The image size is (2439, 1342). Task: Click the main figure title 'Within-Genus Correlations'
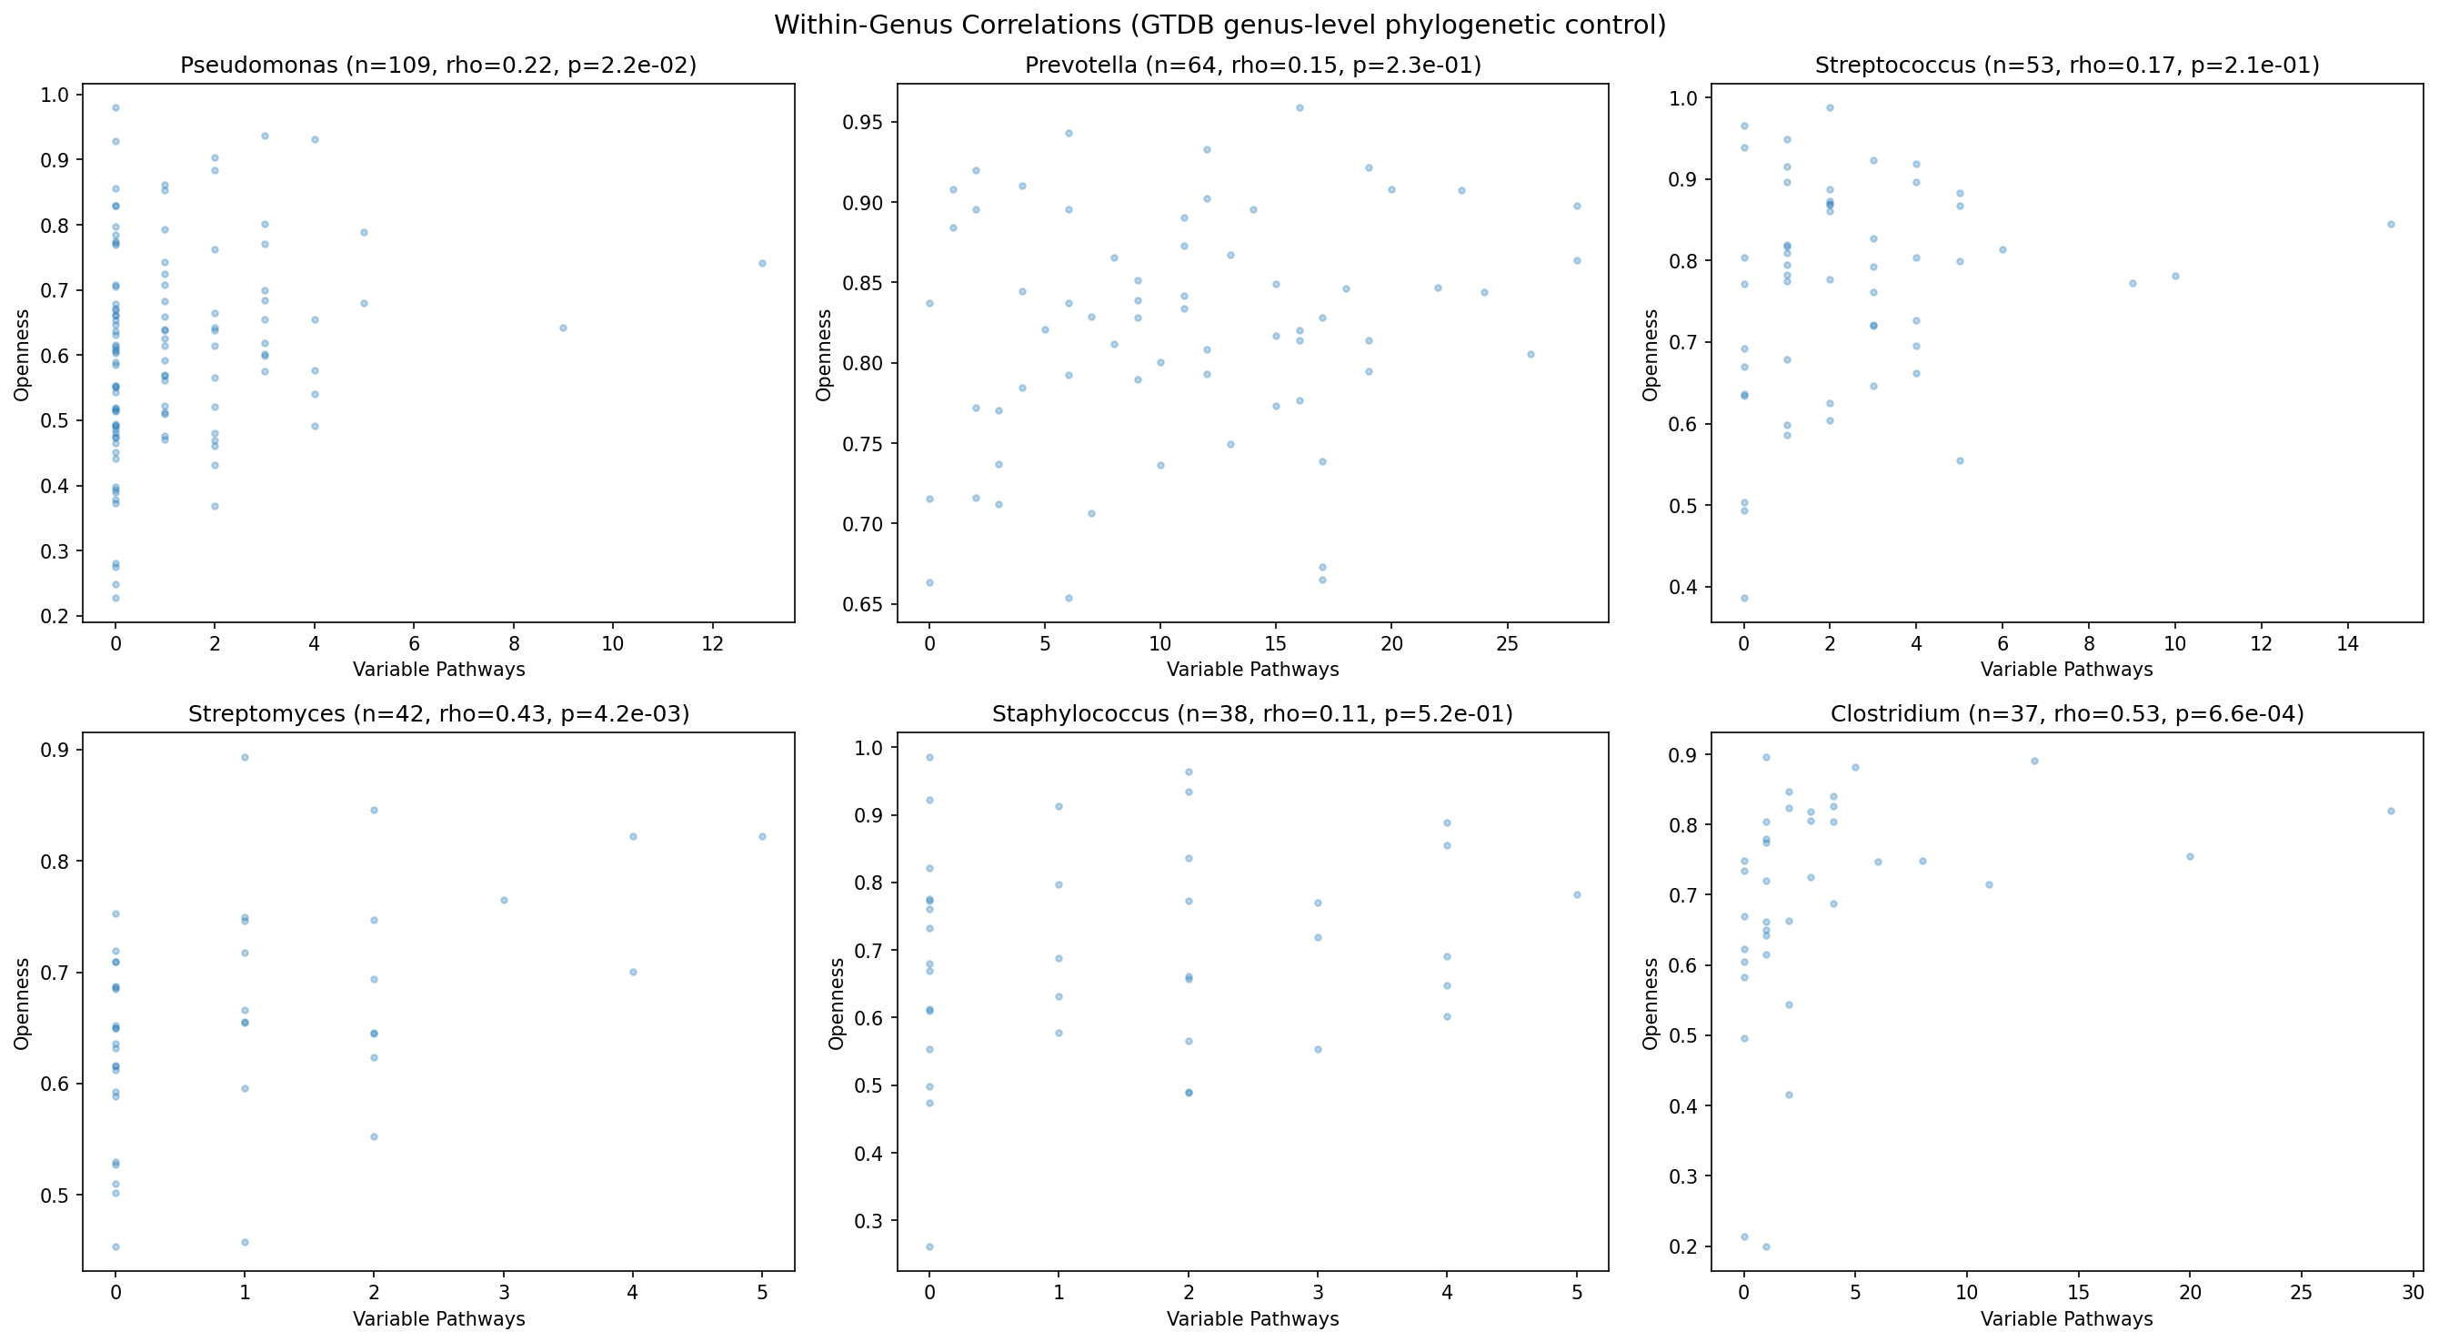(x=1219, y=25)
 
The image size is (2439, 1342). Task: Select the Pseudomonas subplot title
(x=438, y=66)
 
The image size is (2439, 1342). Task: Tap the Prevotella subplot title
(x=1252, y=66)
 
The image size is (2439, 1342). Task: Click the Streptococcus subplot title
(x=2067, y=66)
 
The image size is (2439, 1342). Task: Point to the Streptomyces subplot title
(x=438, y=714)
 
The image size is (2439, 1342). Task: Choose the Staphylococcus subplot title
(x=1252, y=714)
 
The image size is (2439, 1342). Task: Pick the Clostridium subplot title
(x=2067, y=714)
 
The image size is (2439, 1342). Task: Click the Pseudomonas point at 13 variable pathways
(x=762, y=263)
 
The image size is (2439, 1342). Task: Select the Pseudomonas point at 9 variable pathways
(x=563, y=328)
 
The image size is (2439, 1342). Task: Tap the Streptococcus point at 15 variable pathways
(x=2391, y=225)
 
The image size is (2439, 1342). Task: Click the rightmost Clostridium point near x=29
(x=2391, y=811)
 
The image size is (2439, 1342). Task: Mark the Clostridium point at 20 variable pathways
(x=2190, y=856)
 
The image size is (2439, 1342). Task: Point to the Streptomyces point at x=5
(x=762, y=836)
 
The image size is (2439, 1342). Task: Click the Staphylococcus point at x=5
(x=1578, y=895)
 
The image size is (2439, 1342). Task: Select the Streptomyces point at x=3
(x=504, y=900)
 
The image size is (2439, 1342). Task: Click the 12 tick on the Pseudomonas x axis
(x=712, y=644)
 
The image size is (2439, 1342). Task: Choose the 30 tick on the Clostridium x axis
(x=2413, y=1293)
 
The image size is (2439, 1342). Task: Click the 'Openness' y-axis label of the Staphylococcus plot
(x=837, y=1003)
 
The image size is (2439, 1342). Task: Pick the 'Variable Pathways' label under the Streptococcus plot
(x=2067, y=670)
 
